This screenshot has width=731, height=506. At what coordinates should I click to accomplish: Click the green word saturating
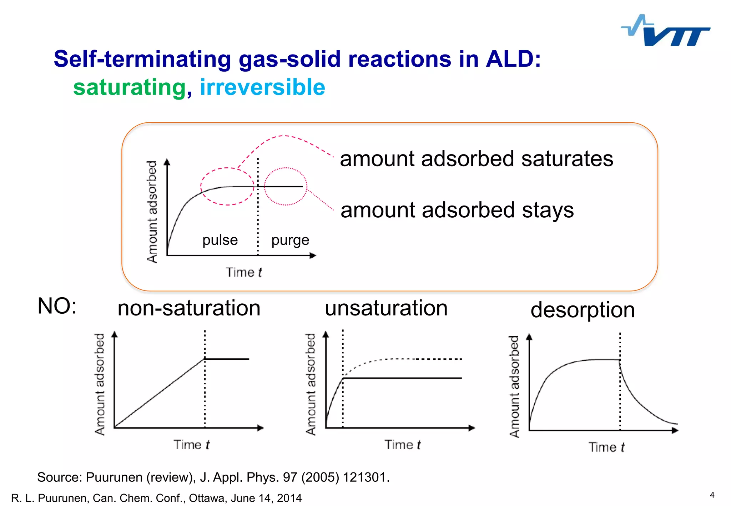coord(129,88)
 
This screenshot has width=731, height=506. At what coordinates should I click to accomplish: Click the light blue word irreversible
coord(262,88)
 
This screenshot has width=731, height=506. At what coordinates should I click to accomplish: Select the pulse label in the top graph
coord(220,240)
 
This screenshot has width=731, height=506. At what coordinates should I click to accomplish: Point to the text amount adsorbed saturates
coord(476,159)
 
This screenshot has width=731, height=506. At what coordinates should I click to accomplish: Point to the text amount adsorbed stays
coord(457,210)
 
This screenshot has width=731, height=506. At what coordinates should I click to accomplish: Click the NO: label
coord(57,306)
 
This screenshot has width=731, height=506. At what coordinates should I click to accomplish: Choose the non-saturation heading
coord(189,308)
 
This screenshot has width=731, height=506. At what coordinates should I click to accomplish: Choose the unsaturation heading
coord(386,308)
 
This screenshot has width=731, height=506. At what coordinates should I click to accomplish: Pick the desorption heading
coord(582,310)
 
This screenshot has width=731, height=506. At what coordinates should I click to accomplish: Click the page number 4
coord(712,495)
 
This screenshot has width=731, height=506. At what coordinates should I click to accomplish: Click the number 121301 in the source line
coord(365,477)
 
